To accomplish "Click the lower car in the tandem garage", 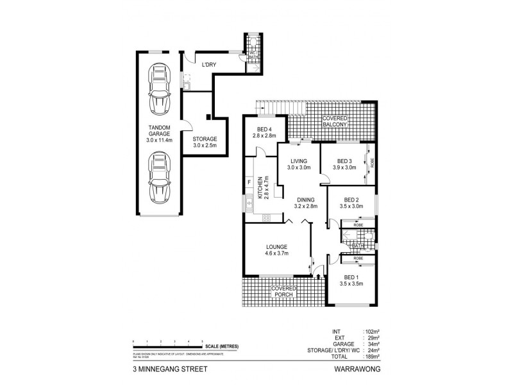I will pyautogui.click(x=158, y=176).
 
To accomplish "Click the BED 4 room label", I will pyautogui.click(x=264, y=132).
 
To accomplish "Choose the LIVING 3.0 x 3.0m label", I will pyautogui.click(x=299, y=164).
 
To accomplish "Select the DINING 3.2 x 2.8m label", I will pyautogui.click(x=305, y=204).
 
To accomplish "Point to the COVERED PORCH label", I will pyautogui.click(x=283, y=292).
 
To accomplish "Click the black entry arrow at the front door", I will pyautogui.click(x=318, y=277).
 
